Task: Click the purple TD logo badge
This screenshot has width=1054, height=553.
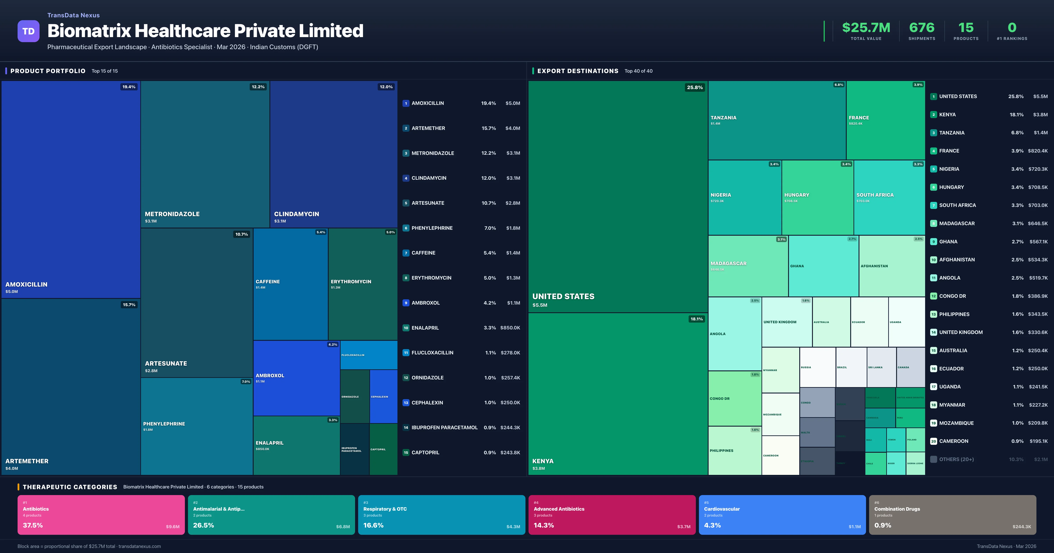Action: [28, 31]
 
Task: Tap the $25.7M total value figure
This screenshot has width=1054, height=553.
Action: [866, 28]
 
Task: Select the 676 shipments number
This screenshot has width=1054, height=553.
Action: [921, 28]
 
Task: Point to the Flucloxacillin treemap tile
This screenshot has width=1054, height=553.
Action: [368, 355]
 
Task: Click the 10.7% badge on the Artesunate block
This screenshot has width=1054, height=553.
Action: [241, 234]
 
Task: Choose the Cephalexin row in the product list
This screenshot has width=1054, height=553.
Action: [461, 402]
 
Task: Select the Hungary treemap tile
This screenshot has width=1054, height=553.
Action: [817, 197]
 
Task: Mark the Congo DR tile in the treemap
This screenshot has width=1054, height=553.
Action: [735, 398]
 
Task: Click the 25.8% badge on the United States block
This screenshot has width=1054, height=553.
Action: [694, 88]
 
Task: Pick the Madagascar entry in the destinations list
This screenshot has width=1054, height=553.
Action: [957, 223]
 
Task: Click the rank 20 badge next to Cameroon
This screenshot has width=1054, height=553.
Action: [933, 441]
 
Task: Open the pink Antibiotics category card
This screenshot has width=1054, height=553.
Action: [101, 515]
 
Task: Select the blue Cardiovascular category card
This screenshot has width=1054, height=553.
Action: [782, 515]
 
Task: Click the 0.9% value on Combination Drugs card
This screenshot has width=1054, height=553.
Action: [883, 525]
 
